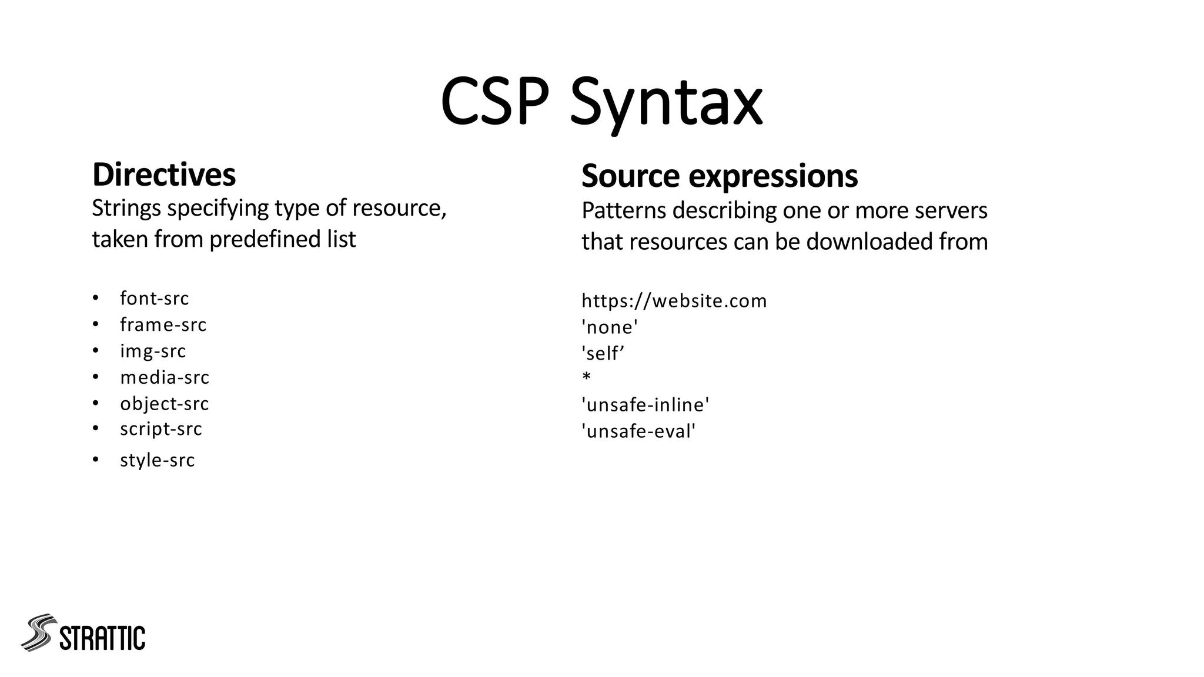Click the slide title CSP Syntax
[601, 102]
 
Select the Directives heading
[164, 175]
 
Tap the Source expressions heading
[719, 176]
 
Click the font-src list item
[154, 299]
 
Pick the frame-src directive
[163, 324]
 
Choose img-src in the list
[153, 351]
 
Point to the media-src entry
[165, 377]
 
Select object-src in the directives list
[164, 404]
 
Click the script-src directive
[160, 429]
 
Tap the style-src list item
[157, 460]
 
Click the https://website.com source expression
[674, 301]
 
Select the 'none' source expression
[610, 327]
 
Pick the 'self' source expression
[603, 353]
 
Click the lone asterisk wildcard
[586, 377]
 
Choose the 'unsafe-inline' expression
[645, 405]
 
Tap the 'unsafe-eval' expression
[638, 431]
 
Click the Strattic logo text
[102, 638]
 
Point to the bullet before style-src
[96, 460]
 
